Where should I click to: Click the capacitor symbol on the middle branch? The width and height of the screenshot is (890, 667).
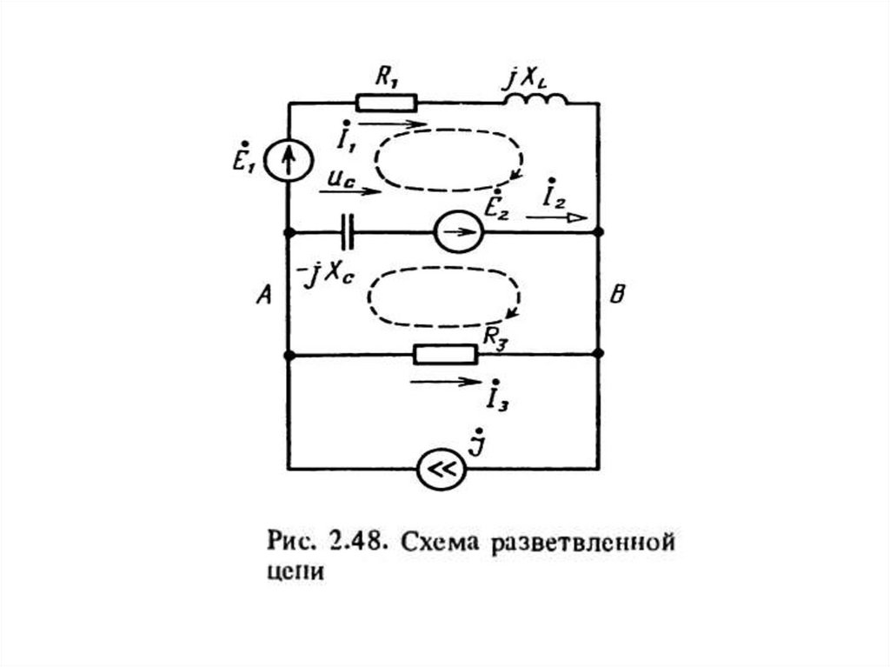point(349,232)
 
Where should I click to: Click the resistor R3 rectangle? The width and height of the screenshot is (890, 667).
point(445,354)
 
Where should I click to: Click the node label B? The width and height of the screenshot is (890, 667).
point(616,296)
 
